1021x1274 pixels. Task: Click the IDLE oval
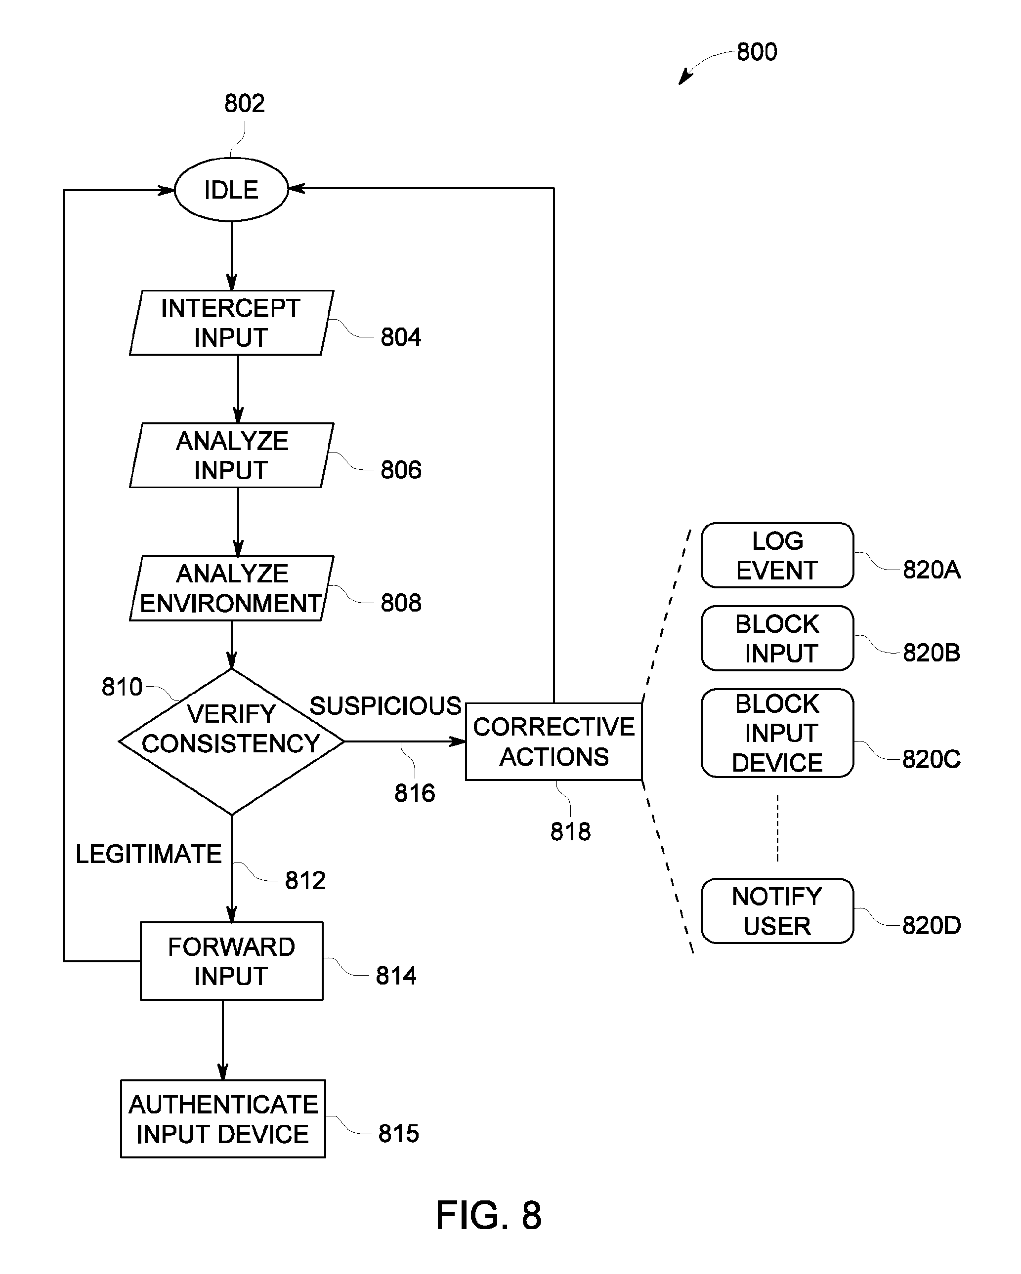tap(231, 190)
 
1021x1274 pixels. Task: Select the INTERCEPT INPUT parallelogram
tap(232, 323)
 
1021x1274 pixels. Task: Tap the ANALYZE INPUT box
tap(232, 455)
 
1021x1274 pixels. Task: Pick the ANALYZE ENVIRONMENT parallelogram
tap(232, 588)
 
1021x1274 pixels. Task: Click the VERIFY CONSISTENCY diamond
tap(232, 741)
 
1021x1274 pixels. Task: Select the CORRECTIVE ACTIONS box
tap(554, 741)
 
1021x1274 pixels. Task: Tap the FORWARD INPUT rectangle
tap(232, 961)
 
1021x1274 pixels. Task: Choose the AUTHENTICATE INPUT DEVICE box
tap(223, 1118)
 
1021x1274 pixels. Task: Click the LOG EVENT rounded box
tap(777, 555)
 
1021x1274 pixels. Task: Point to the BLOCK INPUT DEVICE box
tap(777, 733)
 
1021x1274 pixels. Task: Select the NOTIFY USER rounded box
tap(777, 910)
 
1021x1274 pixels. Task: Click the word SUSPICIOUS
tap(385, 706)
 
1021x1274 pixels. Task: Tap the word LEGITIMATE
tap(148, 854)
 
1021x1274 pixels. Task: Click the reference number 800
tap(757, 52)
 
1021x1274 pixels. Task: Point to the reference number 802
tap(244, 103)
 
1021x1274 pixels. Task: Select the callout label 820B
tap(931, 653)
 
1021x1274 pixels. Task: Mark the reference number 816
tap(415, 793)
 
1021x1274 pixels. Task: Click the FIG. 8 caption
tap(489, 1216)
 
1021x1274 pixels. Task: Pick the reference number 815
tap(398, 1133)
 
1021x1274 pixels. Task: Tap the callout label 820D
tap(931, 925)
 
